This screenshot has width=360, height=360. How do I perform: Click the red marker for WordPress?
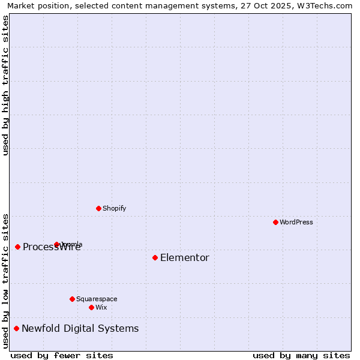pos(275,222)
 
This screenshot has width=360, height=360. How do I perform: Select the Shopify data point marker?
pos(98,208)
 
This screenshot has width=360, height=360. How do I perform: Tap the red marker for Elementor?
pos(155,257)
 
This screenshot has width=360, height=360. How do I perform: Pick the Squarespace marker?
pos(72,299)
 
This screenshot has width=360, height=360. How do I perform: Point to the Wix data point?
pos(91,307)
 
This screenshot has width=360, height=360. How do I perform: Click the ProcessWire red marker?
pos(17,247)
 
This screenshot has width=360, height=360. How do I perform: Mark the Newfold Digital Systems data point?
pos(16,328)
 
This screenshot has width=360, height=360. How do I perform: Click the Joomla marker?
pos(56,244)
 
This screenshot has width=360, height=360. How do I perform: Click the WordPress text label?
pos(296,222)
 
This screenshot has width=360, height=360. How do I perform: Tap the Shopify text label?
pos(114,208)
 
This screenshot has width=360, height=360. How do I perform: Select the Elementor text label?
pos(185,257)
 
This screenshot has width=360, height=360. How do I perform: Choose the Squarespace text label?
pos(97,299)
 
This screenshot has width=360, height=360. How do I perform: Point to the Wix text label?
pos(101,307)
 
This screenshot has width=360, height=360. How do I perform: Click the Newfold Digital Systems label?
pos(80,328)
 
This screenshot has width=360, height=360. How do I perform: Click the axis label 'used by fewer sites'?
pos(62,355)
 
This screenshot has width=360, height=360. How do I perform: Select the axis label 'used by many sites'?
pos(301,355)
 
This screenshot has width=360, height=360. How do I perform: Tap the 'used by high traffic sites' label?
pos(5,85)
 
